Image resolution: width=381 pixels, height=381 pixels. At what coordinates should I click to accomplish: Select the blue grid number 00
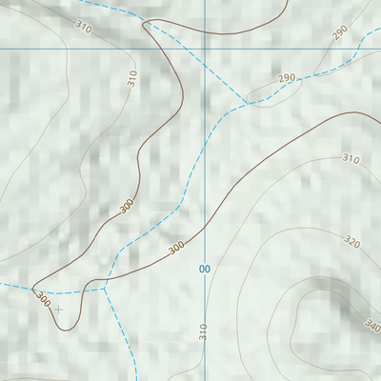pos(204,270)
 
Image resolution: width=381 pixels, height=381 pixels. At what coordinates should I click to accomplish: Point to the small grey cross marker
pos(58,309)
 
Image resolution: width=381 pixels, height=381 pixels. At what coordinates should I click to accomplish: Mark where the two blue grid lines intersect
pos(205,48)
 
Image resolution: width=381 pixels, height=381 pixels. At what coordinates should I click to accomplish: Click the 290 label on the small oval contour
pos(286,78)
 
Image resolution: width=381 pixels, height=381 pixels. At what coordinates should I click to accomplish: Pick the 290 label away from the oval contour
pos(340,33)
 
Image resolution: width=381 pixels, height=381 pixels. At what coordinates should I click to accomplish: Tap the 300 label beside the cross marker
pos(43,298)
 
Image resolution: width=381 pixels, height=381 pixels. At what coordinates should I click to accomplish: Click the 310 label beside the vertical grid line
pos(203,331)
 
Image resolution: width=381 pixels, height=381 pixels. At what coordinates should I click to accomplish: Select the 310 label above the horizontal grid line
pos(83,29)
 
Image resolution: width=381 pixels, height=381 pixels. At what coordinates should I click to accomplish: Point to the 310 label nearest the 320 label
pos(351,159)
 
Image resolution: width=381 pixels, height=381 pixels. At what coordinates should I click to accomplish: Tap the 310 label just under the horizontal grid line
pos(132,79)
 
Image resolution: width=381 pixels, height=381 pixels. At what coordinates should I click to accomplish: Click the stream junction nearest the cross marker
pos(105,283)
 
